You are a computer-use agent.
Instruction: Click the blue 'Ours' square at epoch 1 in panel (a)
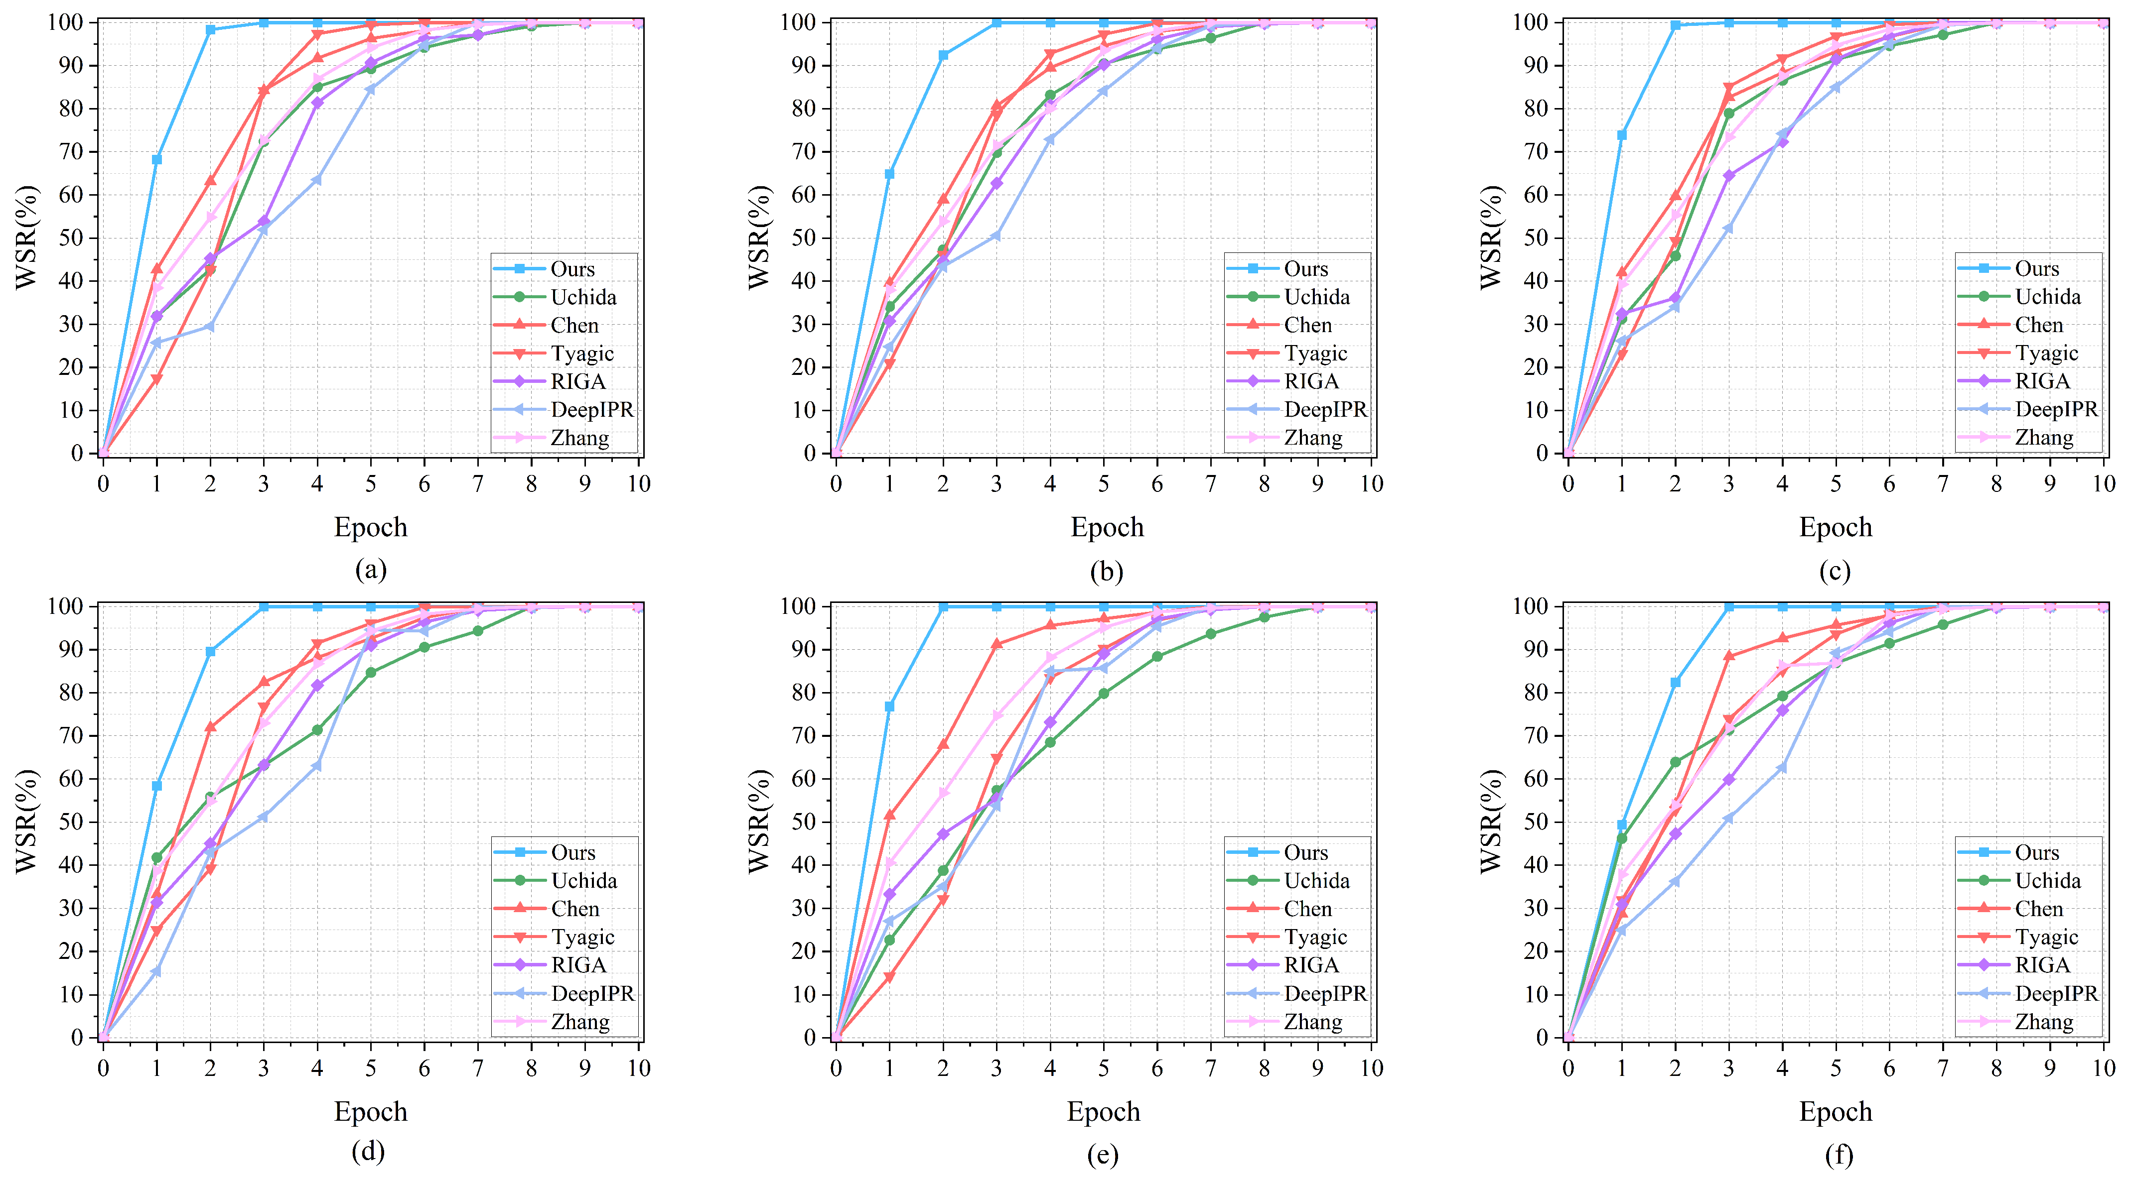click(156, 159)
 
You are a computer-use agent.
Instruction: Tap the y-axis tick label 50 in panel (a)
click(72, 238)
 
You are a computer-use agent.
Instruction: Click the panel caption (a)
click(370, 570)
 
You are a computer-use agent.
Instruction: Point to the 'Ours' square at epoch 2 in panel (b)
click(943, 55)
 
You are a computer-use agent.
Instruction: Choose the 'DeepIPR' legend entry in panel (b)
click(1297, 410)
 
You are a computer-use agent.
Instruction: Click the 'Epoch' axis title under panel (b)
click(1107, 527)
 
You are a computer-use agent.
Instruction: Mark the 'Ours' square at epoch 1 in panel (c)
click(1622, 134)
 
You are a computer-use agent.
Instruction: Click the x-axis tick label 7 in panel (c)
click(1943, 484)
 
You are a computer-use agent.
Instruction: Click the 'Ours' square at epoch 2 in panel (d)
click(210, 652)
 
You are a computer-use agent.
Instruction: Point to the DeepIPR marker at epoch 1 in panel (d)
click(156, 971)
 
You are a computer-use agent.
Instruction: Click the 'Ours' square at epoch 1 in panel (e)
click(889, 707)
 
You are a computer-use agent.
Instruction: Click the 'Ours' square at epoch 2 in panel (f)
click(1675, 682)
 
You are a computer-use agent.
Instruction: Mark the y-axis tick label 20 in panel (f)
click(1537, 951)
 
